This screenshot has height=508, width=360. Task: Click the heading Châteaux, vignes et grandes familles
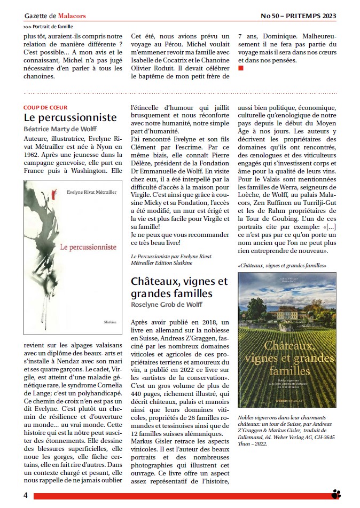click(x=179, y=287)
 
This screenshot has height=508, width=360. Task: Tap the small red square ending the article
click(x=241, y=68)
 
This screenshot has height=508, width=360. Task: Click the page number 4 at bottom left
click(x=25, y=495)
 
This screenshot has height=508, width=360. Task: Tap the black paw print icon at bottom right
click(x=336, y=494)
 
